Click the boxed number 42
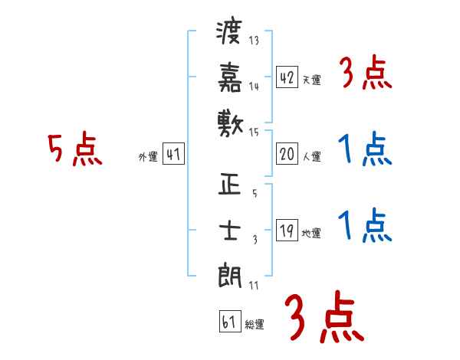point(287,78)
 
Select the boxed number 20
point(287,154)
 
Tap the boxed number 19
point(287,231)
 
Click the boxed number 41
point(173,154)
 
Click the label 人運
point(311,156)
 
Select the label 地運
point(311,234)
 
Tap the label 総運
point(255,324)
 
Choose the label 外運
point(148,157)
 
